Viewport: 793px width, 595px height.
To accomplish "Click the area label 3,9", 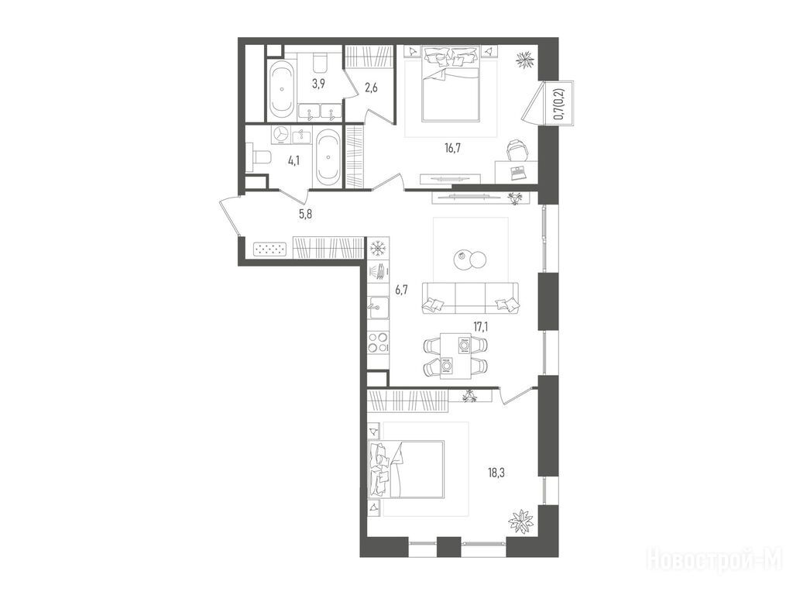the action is (318, 84).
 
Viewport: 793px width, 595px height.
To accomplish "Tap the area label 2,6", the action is (371, 88).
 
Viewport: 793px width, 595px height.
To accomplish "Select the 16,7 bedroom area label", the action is (452, 148).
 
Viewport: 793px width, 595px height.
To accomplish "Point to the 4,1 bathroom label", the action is (294, 161).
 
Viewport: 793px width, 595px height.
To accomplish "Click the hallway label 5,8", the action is (305, 214).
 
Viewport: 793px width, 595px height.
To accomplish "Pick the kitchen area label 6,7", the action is (401, 290).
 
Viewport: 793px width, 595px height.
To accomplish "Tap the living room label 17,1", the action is (480, 326).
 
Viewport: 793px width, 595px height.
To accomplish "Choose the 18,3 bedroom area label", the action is (496, 473).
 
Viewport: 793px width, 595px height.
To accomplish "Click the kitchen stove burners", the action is (378, 342).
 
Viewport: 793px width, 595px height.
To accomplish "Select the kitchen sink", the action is (378, 308).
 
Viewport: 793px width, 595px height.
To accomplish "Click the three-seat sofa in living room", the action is (470, 297).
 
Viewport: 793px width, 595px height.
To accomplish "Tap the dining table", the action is (456, 355).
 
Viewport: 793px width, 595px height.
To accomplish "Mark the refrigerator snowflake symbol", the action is (377, 249).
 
